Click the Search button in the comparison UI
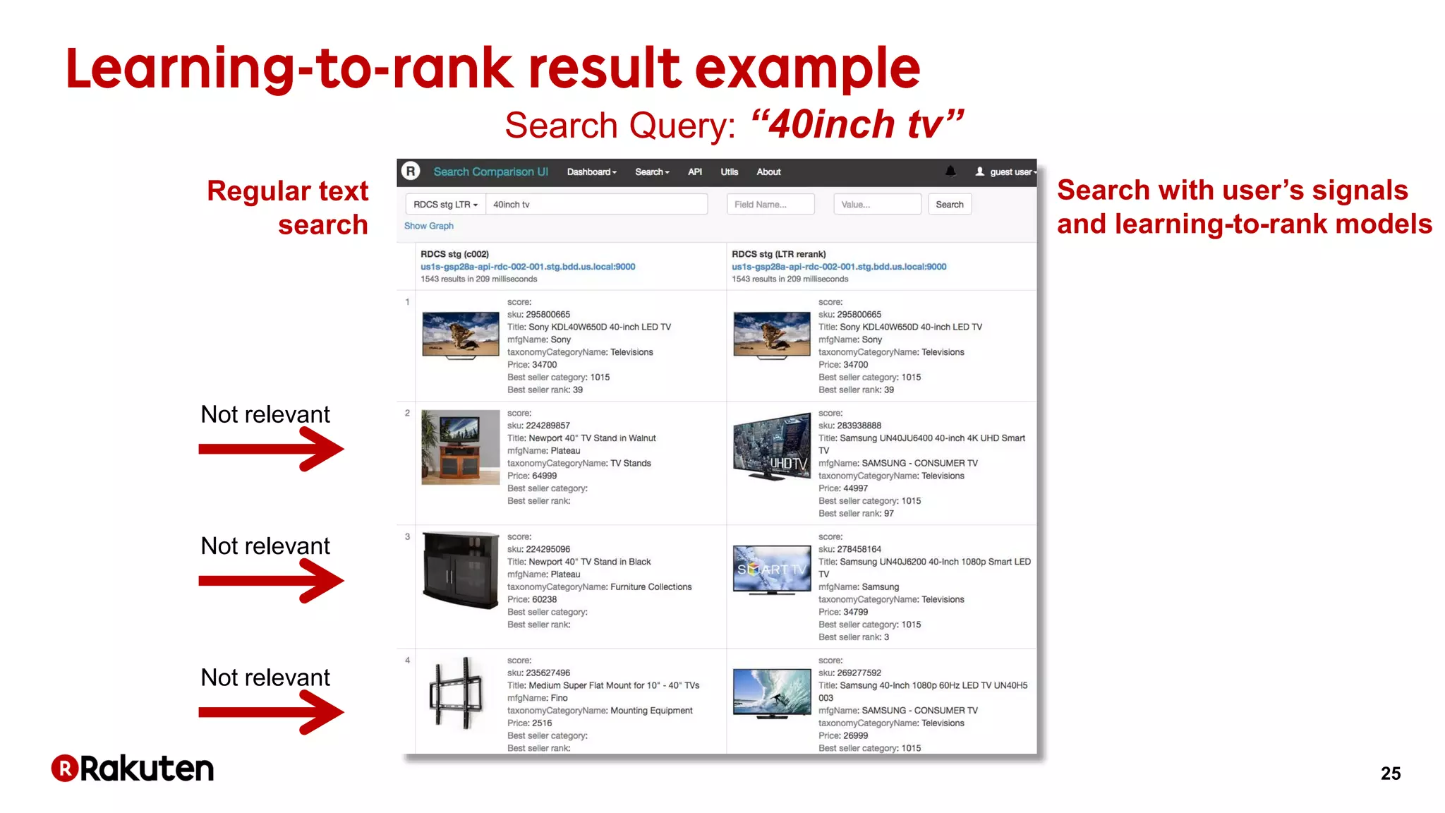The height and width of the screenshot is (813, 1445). (x=949, y=205)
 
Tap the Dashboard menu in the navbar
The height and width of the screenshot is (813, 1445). (x=591, y=172)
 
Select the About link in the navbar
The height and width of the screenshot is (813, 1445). (x=768, y=172)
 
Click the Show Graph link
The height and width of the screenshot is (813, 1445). (x=429, y=226)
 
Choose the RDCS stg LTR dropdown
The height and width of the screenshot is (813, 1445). (x=445, y=205)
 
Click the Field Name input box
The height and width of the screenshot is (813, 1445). (x=770, y=205)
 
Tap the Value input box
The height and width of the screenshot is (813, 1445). (x=877, y=205)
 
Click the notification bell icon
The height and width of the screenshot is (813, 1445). (x=950, y=171)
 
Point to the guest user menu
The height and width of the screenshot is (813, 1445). (x=1006, y=172)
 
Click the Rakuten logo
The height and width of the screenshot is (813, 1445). (x=133, y=769)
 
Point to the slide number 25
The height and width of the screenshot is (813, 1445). (x=1391, y=773)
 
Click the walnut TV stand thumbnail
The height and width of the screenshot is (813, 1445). (x=460, y=447)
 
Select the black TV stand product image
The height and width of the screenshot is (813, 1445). (x=460, y=570)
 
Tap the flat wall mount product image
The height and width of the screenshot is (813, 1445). (x=457, y=693)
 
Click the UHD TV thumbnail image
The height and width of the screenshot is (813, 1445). (x=772, y=446)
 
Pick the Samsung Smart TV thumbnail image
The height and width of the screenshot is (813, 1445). (x=772, y=570)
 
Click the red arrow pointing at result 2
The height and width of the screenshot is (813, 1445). (x=271, y=449)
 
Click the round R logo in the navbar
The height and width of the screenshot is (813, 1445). (x=411, y=171)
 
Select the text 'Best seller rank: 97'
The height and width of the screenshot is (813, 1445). (x=856, y=514)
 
